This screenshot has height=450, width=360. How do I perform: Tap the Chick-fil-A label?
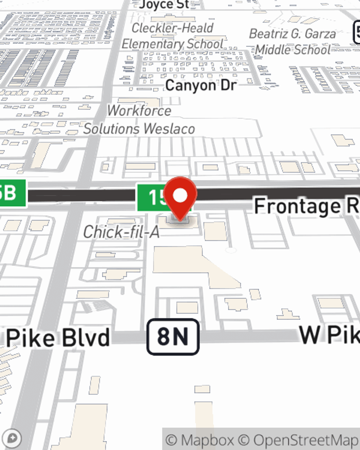[121, 232]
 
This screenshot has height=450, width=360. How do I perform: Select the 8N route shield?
[173, 337]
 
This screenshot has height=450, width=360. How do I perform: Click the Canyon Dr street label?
[201, 86]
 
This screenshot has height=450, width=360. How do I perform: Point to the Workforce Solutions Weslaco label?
[139, 120]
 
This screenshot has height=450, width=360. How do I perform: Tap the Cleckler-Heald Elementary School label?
[172, 36]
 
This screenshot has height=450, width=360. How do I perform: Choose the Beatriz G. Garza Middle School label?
[292, 41]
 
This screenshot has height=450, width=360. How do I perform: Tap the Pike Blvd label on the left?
[58, 338]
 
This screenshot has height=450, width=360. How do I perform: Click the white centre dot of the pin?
[180, 195]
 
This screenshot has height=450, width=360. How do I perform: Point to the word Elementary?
[153, 44]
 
